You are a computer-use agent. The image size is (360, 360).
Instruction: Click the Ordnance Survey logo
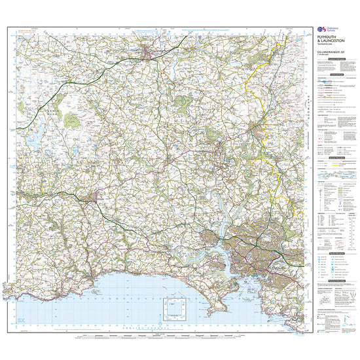[x=321, y=29]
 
